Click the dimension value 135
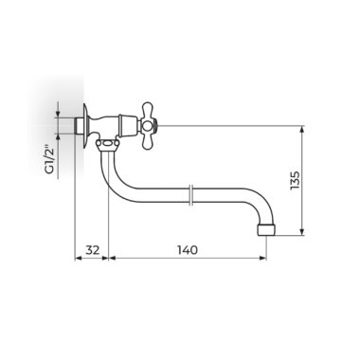(x=295, y=181)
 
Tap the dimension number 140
(x=188, y=250)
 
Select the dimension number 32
(x=93, y=250)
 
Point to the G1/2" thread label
(x=49, y=159)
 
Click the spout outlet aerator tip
(x=267, y=230)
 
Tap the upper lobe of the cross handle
(x=148, y=109)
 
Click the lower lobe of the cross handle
(x=148, y=141)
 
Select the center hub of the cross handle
(x=147, y=125)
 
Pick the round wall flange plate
(x=85, y=126)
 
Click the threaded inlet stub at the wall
(x=79, y=126)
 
